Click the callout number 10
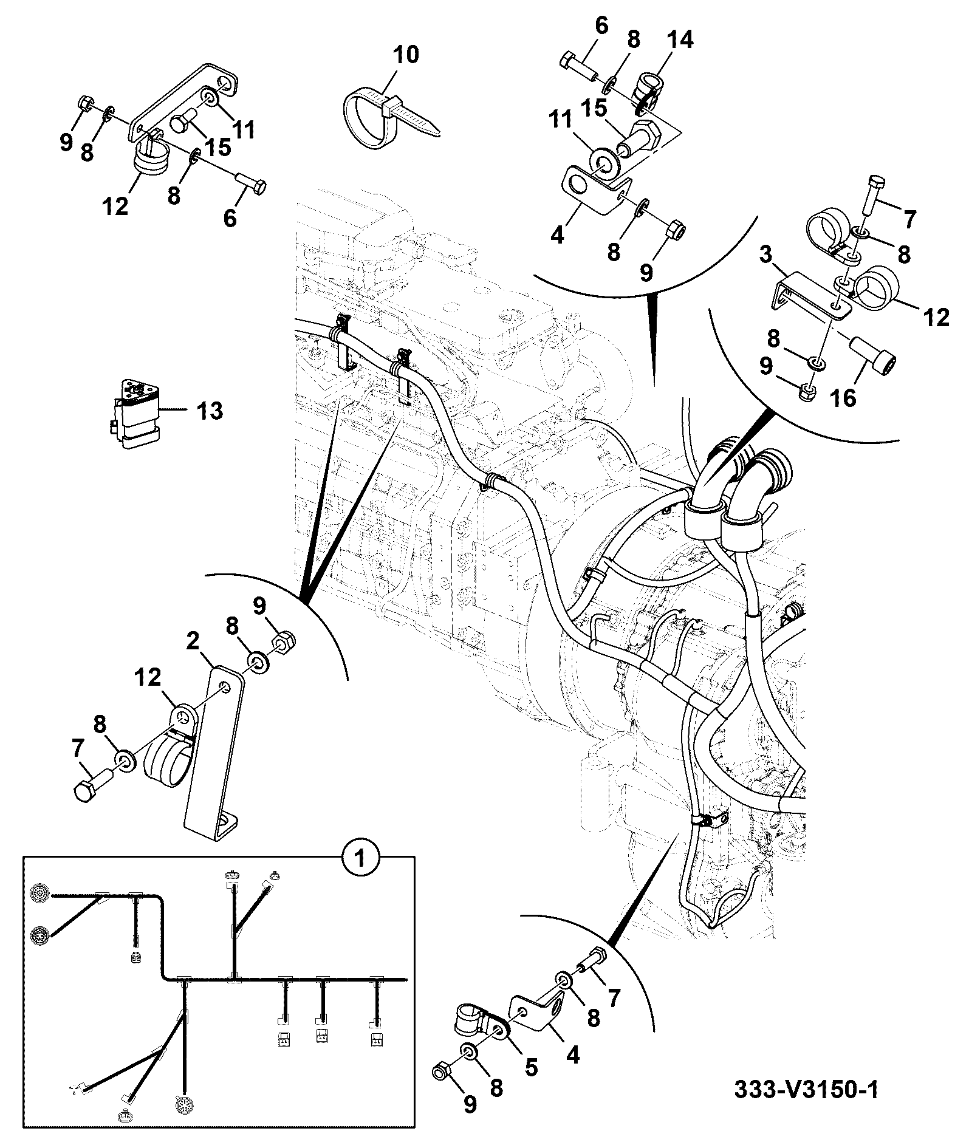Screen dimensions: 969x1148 tap(405, 55)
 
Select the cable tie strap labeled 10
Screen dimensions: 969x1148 tap(389, 118)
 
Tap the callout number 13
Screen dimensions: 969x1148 tap(210, 411)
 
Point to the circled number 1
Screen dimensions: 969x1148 tap(361, 859)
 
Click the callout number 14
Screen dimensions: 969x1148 tap(680, 40)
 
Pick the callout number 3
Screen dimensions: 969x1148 tap(765, 254)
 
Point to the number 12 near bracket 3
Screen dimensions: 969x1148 tap(936, 316)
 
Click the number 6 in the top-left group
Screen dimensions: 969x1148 tap(229, 217)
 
